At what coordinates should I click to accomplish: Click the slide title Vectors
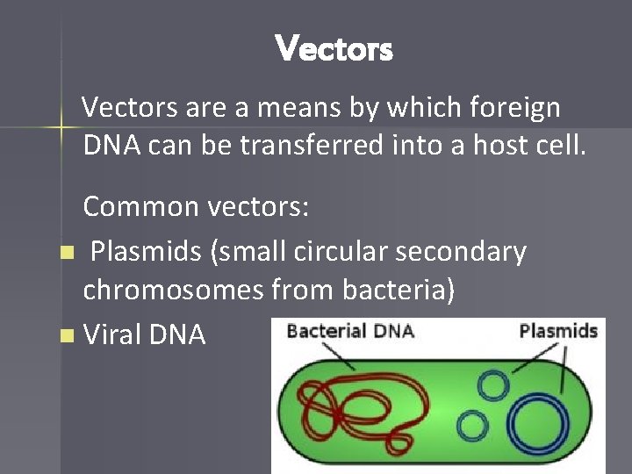pos(334,48)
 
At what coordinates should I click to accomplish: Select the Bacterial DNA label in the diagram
pos(349,332)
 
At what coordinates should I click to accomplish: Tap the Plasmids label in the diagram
pos(557,331)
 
